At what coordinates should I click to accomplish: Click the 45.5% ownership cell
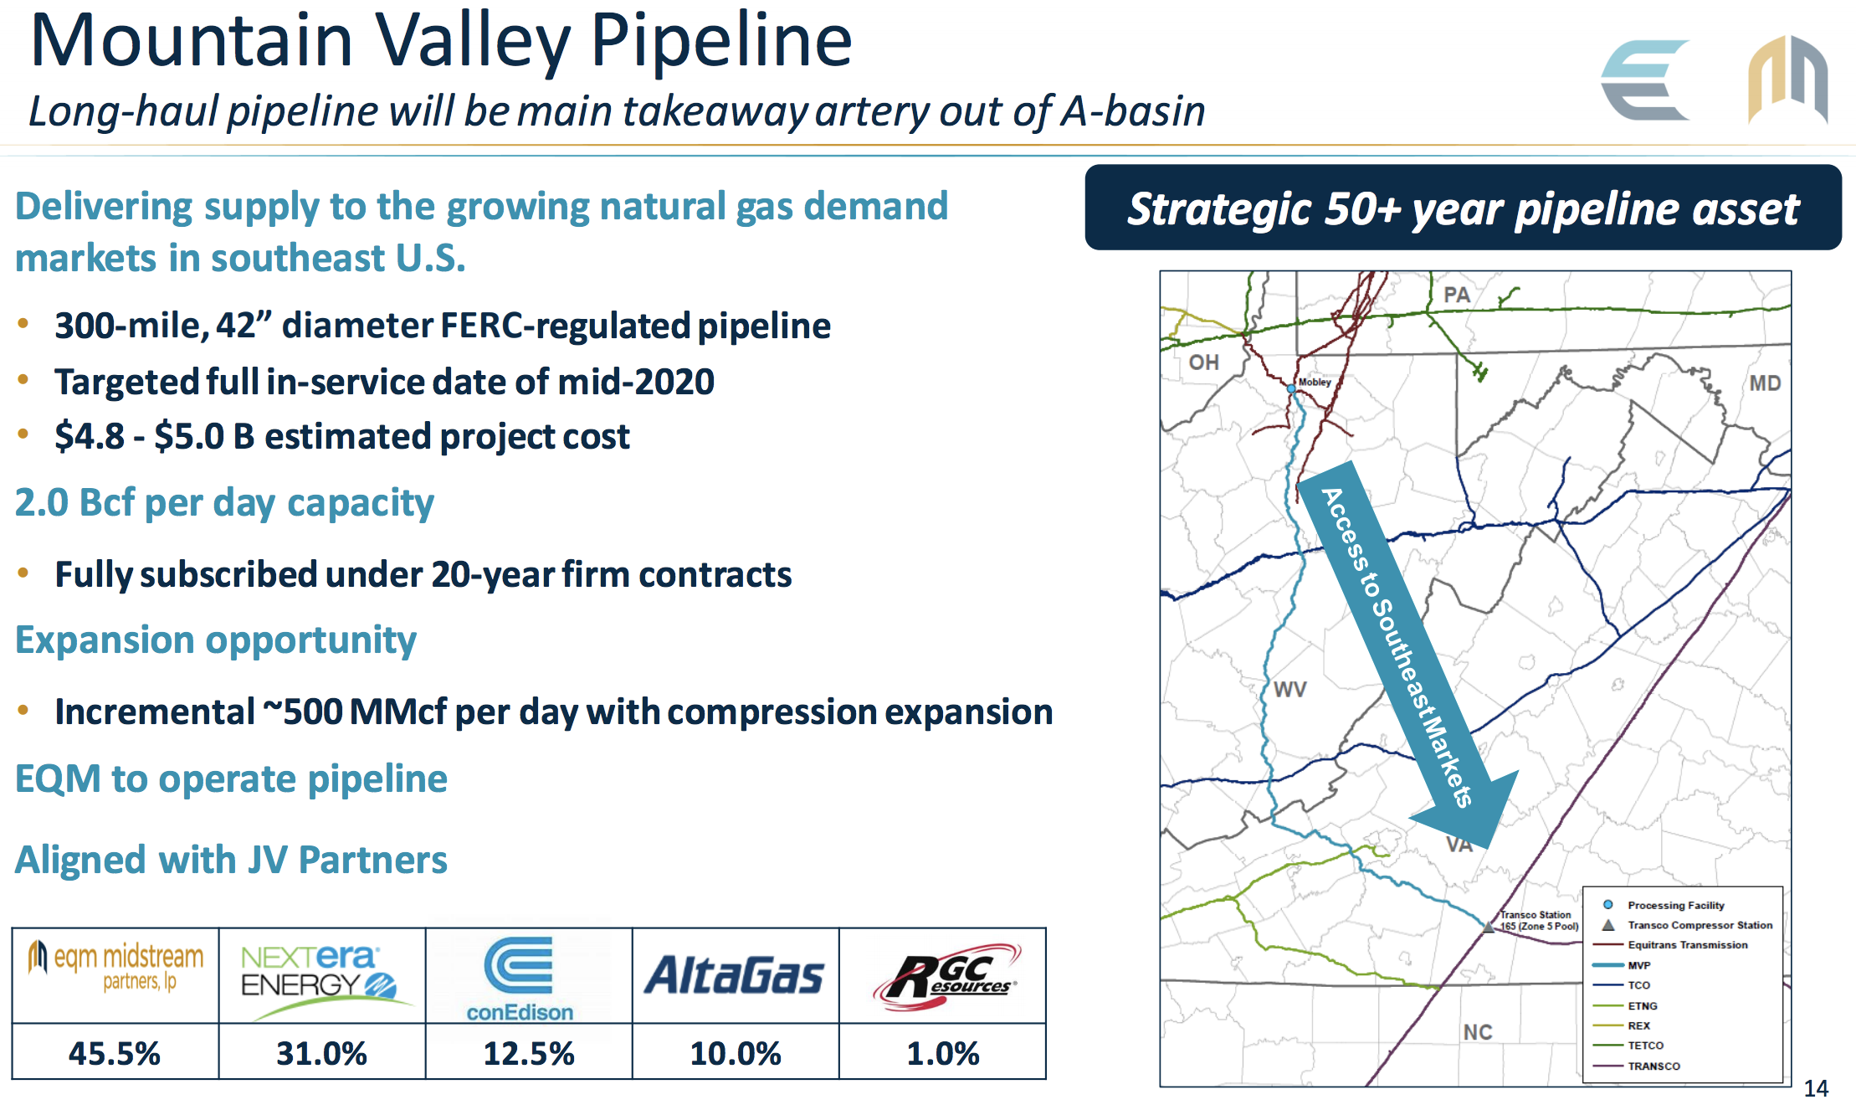tap(115, 1052)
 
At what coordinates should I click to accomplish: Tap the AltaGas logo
tap(734, 976)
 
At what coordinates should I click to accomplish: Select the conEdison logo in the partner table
tap(520, 979)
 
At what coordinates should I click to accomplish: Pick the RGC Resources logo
tap(946, 976)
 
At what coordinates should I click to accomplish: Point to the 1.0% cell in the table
tap(943, 1052)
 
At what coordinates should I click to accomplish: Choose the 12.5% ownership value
tap(529, 1052)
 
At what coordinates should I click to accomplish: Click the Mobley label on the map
tap(1315, 382)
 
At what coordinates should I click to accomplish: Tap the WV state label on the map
tap(1289, 689)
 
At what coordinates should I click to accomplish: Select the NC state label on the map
tap(1478, 1032)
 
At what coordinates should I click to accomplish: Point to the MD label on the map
tap(1765, 383)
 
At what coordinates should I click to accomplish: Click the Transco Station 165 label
tap(1539, 920)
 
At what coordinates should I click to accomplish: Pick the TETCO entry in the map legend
tap(1645, 1046)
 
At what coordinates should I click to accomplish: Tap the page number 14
tap(1816, 1088)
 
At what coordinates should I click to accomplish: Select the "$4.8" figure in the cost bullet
tap(90, 436)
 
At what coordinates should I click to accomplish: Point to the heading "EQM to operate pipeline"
tap(231, 779)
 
